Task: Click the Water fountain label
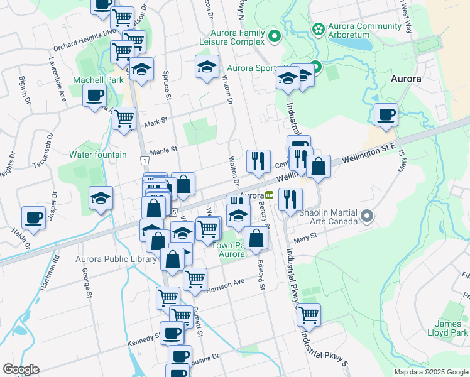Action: tap(98, 155)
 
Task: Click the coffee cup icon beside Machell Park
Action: tap(95, 96)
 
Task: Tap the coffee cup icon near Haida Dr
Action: tap(33, 217)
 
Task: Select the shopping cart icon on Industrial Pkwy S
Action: tap(309, 315)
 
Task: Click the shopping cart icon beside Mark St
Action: tap(124, 117)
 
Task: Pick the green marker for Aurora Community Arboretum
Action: tap(318, 29)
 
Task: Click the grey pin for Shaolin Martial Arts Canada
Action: tap(368, 217)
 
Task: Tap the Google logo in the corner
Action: tap(21, 369)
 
